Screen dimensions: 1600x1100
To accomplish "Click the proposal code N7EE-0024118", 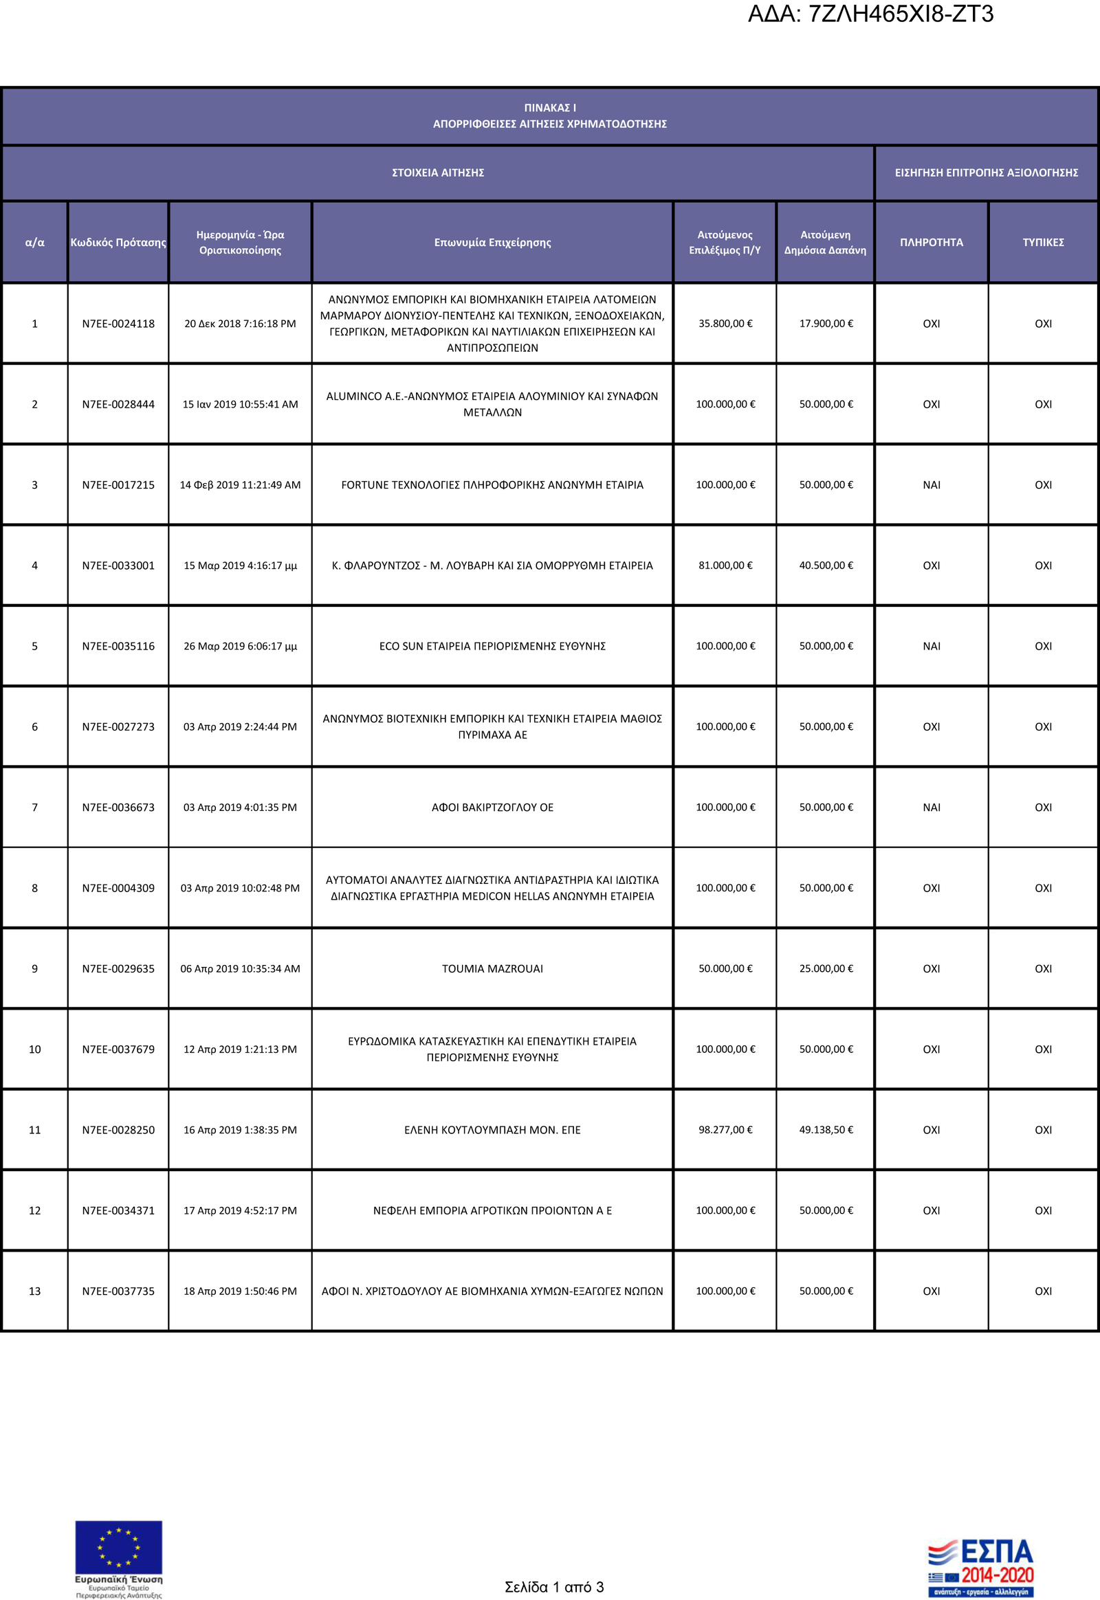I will click(118, 323).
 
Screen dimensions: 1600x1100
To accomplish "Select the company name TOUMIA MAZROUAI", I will click(492, 968).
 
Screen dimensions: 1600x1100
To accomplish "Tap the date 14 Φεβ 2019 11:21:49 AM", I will click(240, 485).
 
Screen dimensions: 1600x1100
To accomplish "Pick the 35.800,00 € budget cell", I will click(725, 323).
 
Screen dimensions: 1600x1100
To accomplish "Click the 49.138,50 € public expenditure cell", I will click(826, 1129).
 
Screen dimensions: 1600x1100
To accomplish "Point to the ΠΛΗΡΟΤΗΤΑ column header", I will click(931, 242).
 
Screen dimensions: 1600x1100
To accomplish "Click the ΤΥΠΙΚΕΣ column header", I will click(1043, 242).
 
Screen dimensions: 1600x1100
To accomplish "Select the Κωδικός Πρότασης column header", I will click(118, 242).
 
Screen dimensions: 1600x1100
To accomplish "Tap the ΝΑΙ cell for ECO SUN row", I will click(931, 645).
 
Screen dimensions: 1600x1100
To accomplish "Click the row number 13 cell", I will click(34, 1291).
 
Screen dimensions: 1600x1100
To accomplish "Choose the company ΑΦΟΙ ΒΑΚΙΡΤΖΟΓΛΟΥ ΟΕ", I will click(492, 807).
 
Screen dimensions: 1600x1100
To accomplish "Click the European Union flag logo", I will click(118, 1551).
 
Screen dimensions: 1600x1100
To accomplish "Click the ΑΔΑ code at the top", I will click(870, 14).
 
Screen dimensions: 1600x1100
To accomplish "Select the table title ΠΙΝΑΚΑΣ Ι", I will click(550, 107).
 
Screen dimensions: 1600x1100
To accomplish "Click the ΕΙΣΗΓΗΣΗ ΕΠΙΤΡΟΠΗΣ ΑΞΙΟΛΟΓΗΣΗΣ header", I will click(987, 173).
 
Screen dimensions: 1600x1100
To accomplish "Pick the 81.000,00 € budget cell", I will click(725, 565).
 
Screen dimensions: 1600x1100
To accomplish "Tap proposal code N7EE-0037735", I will click(118, 1291).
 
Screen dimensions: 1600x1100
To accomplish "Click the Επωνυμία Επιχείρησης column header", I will click(492, 242).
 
